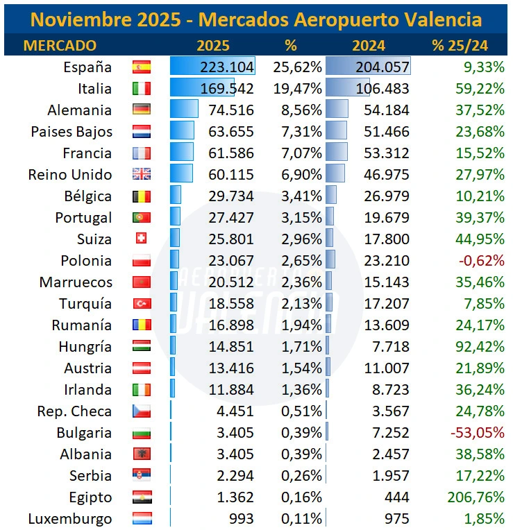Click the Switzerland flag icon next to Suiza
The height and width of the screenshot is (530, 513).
pos(141,239)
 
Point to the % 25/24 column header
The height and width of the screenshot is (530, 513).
pos(460,46)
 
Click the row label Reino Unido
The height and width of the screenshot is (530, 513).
pos(69,175)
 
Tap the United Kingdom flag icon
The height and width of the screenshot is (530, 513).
pos(141,175)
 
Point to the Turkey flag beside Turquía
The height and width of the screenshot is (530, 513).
pos(141,304)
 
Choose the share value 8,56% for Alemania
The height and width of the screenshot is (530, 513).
pos(301,110)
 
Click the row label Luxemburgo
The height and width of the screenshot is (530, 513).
pos(69,519)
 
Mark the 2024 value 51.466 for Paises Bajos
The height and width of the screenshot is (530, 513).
pos(386,132)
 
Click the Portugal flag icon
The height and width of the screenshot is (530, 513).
pos(141,218)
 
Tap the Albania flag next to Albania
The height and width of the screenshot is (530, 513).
pos(141,454)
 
